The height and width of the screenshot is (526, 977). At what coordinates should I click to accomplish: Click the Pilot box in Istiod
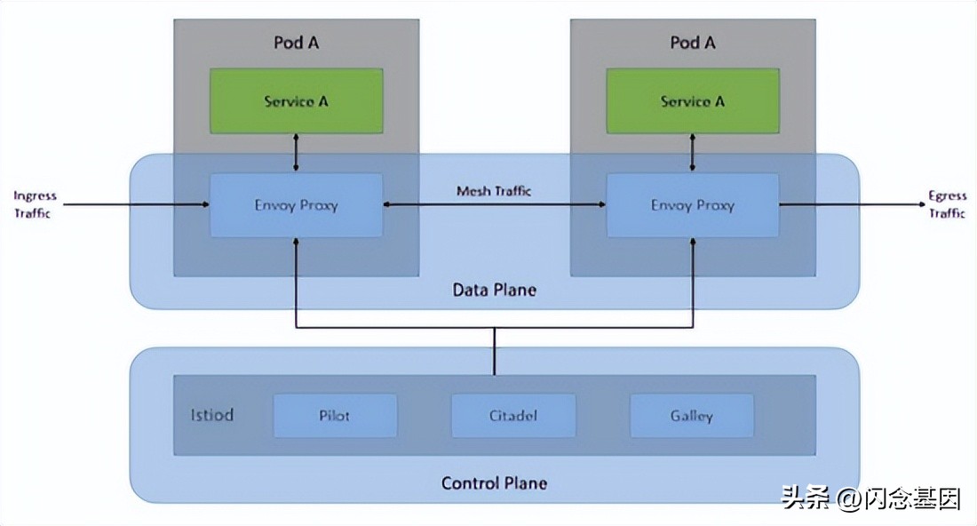coord(335,416)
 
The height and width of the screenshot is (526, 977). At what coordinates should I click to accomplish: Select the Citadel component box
coord(513,416)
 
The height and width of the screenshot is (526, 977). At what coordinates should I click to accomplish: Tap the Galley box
coord(691,416)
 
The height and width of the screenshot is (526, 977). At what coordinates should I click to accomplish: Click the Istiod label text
coord(212,415)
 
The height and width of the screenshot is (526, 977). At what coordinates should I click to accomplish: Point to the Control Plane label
coord(494,483)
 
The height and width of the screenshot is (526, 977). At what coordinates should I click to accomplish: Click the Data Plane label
coord(494,290)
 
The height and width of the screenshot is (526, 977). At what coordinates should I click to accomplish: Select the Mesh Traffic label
coord(494,191)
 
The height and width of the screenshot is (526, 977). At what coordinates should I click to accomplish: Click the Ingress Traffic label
coord(36,204)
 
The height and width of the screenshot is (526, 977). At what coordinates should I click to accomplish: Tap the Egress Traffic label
coord(947,204)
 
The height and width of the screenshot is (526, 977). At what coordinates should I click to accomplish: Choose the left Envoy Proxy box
coord(296,205)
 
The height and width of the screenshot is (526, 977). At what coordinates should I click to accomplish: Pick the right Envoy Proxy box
coord(692,205)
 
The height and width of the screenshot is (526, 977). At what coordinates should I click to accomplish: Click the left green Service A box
coord(296,101)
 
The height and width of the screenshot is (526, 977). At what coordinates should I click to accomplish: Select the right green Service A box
coord(692,101)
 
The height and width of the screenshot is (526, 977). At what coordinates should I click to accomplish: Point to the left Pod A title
coord(296,43)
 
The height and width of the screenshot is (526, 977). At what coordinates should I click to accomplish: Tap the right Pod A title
coord(692,43)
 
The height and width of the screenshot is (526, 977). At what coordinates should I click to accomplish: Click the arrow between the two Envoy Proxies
coord(494,205)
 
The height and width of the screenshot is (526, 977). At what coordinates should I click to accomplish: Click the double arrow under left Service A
coord(296,154)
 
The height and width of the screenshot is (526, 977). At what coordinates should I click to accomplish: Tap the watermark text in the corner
coord(870,499)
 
